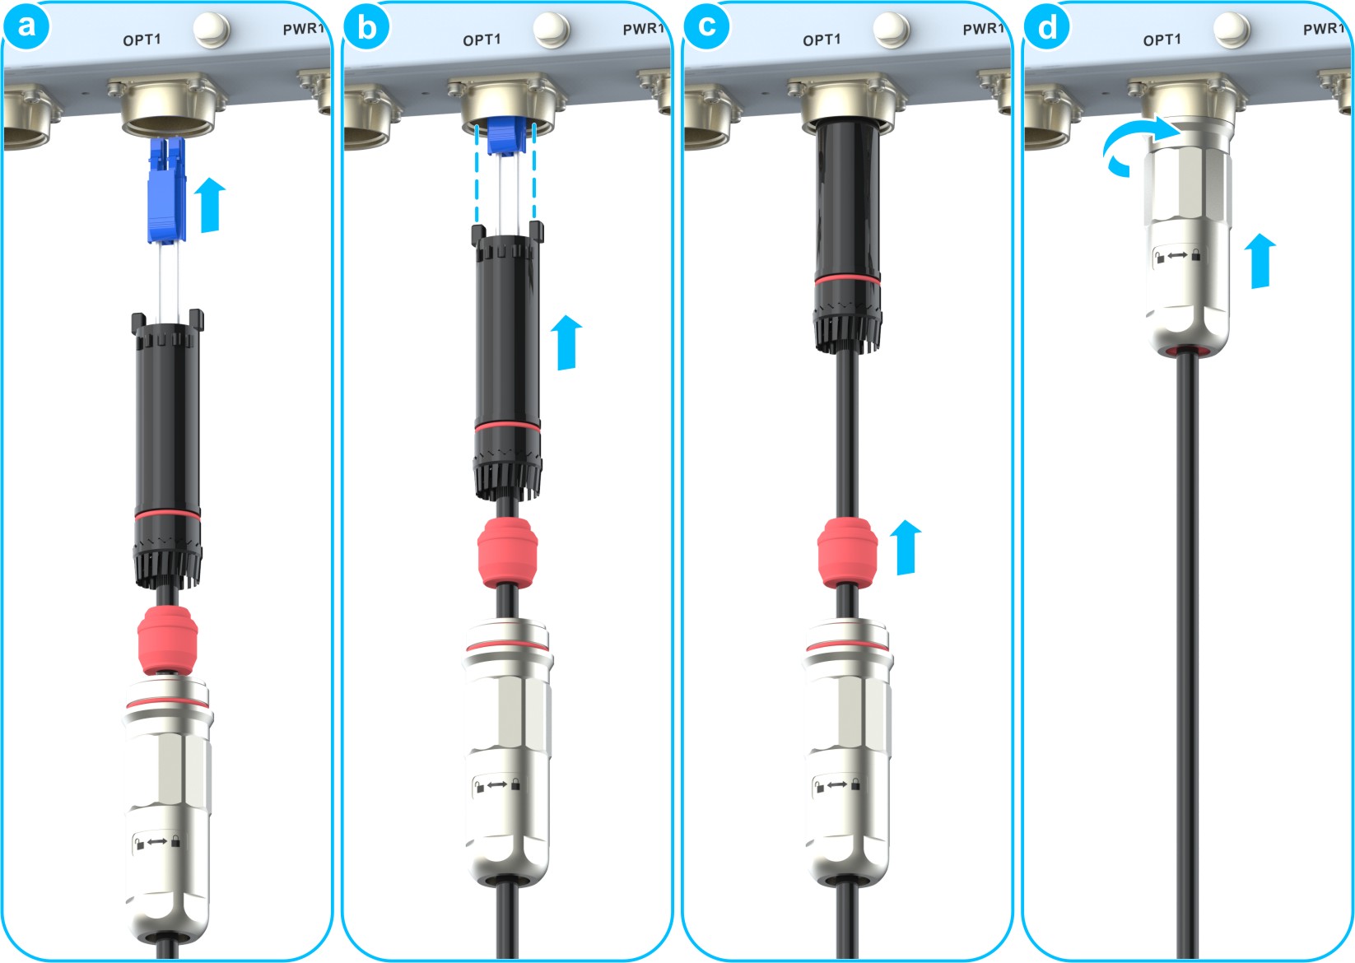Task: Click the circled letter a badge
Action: tap(26, 26)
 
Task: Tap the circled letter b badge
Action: tap(366, 26)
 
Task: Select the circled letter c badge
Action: tap(706, 26)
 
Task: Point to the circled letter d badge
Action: tap(1047, 26)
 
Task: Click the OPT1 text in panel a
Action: tap(142, 40)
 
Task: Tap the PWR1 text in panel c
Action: tap(984, 29)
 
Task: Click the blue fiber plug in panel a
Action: tap(166, 190)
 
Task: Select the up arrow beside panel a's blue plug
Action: tap(210, 204)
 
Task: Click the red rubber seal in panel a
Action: tap(168, 640)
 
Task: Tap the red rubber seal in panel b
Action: tap(508, 552)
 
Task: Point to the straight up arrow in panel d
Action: tap(1260, 261)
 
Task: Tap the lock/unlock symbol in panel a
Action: tap(157, 841)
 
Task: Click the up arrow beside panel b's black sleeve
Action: tap(566, 342)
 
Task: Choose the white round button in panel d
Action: tap(1232, 30)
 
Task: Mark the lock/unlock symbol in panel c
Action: tap(837, 784)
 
